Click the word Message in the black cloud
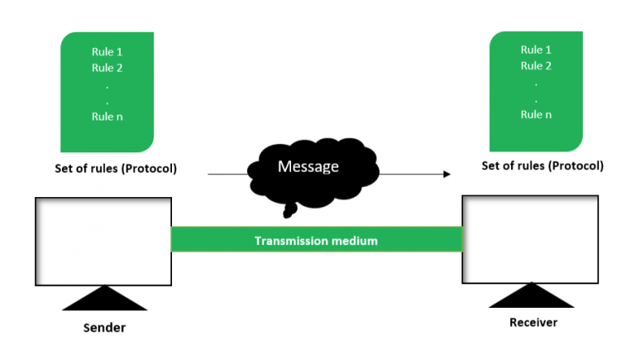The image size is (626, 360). pyautogui.click(x=308, y=166)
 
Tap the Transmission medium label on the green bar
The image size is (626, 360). pyautogui.click(x=316, y=241)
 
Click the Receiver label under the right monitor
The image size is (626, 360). pyautogui.click(x=533, y=323)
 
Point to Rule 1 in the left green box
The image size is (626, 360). pyautogui.click(x=107, y=52)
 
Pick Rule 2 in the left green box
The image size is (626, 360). pyautogui.click(x=107, y=68)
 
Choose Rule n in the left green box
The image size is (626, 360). pyautogui.click(x=107, y=116)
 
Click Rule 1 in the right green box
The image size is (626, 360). pyautogui.click(x=536, y=50)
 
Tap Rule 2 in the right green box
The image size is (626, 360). pyautogui.click(x=536, y=66)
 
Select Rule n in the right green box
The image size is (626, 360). pyautogui.click(x=536, y=115)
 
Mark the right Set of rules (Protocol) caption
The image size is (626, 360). pyautogui.click(x=543, y=165)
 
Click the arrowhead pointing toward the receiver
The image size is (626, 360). pyautogui.click(x=446, y=174)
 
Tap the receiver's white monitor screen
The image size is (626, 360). pyautogui.click(x=530, y=238)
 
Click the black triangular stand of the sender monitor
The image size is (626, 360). pyautogui.click(x=104, y=299)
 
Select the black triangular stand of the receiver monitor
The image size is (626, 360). pyautogui.click(x=531, y=296)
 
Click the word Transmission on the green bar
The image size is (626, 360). pyautogui.click(x=287, y=241)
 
